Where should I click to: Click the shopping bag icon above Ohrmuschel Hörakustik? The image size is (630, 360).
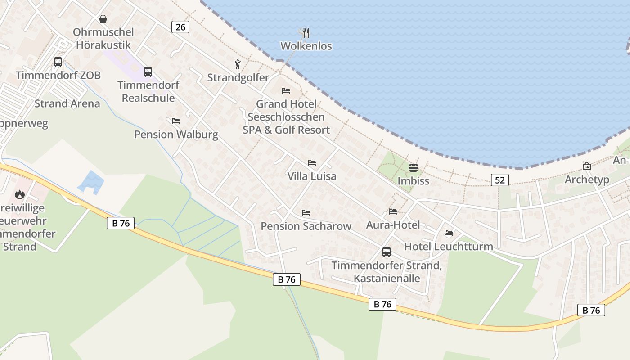coord(103,19)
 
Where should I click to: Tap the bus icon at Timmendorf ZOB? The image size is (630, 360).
coord(58,62)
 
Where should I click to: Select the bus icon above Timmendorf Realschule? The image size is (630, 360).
coord(148,72)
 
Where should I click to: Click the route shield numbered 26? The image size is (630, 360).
coord(180,27)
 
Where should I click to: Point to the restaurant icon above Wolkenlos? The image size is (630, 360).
coord(306,32)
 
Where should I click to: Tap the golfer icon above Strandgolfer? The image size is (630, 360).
coord(238,65)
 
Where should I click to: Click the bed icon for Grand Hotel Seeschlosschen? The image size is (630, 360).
coord(286,91)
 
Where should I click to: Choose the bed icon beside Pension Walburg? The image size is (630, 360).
coord(176,121)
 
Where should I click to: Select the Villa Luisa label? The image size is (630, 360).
coord(312,176)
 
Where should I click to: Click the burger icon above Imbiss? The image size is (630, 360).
coord(413,168)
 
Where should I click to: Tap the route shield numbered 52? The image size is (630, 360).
coord(499,180)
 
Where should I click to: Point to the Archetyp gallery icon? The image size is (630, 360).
coord(587,166)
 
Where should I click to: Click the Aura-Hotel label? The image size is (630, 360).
coord(393,225)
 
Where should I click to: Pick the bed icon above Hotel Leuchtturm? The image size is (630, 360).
coord(449,233)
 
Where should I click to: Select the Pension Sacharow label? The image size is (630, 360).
coord(306,226)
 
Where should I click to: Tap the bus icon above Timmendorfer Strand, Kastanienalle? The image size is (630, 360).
coord(386,252)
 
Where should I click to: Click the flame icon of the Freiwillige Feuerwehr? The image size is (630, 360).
coord(19,194)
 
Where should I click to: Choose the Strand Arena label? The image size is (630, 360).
coord(67,103)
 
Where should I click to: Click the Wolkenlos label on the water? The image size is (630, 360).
coord(306,46)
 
